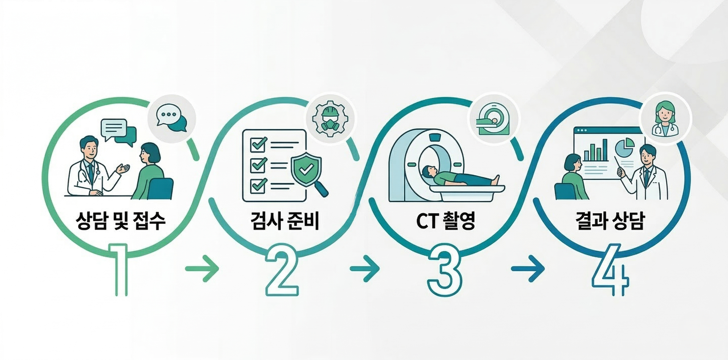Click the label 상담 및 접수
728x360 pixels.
(x=121, y=221)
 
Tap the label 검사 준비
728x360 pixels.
(x=285, y=221)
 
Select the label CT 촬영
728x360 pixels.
(x=445, y=221)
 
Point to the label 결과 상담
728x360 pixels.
(x=609, y=221)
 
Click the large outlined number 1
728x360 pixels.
(x=120, y=270)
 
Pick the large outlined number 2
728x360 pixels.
(x=282, y=270)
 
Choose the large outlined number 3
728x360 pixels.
(x=445, y=270)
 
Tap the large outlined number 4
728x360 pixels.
(x=610, y=270)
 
